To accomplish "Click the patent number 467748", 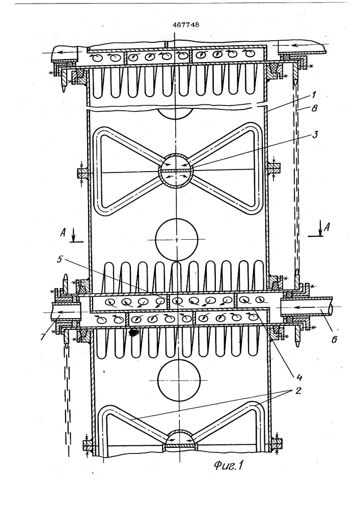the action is click(x=186, y=25).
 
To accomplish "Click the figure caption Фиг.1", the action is click(x=229, y=466).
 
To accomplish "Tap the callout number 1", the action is click(x=313, y=95).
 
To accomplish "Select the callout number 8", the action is click(x=314, y=108).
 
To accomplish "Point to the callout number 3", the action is click(x=315, y=135).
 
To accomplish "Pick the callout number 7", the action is click(x=43, y=336).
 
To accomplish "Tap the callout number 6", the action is click(x=334, y=339).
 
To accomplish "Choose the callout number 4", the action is click(x=299, y=377).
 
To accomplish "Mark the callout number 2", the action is click(x=298, y=390).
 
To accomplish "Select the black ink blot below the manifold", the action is click(x=133, y=332).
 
